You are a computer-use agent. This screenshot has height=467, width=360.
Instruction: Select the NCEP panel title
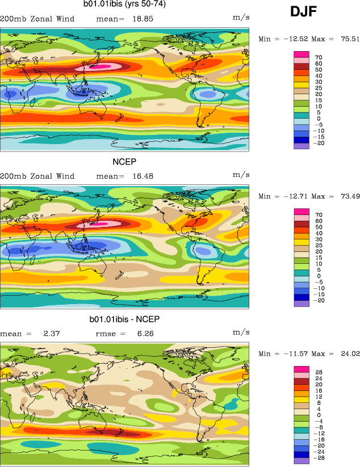coord(124,162)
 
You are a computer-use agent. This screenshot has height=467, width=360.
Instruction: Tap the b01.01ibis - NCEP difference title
coord(124,319)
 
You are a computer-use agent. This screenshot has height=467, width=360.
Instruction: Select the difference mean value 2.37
coord(52,334)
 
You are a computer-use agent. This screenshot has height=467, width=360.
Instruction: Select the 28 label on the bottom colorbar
coord(319,373)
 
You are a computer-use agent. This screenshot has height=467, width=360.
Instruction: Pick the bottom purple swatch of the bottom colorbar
coord(301,461)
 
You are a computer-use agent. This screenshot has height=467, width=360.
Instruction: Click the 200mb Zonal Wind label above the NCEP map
coord(37,176)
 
